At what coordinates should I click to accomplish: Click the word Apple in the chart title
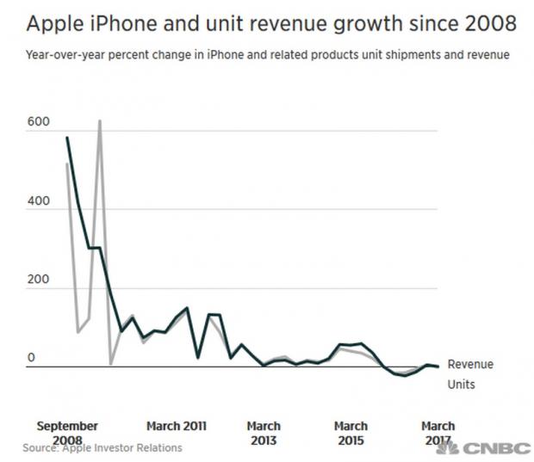56,23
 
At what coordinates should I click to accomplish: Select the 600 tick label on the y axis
39,123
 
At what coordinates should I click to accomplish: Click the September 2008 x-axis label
67,432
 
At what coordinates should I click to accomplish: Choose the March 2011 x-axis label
176,426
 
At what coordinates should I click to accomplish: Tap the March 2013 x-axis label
264,433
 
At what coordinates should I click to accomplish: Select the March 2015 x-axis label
351,433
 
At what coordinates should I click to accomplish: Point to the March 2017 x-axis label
438,433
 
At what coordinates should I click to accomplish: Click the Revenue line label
470,365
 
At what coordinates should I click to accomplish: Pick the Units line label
461,385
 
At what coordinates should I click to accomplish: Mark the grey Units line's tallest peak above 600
100,121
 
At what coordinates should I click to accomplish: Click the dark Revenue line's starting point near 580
67,138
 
